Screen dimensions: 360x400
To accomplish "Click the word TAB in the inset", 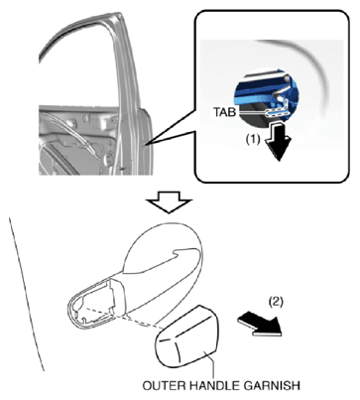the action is [x=224, y=112].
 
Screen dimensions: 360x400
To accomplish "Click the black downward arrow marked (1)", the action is [x=279, y=143].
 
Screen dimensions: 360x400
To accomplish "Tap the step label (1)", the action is [x=253, y=140].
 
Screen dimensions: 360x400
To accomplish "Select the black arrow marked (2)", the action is [x=260, y=325].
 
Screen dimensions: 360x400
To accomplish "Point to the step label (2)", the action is [x=276, y=302].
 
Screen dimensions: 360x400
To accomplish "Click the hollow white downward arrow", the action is [x=169, y=201].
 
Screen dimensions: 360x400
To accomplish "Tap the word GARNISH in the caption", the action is [x=273, y=386].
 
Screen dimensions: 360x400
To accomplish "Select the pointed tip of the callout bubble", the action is [x=146, y=144].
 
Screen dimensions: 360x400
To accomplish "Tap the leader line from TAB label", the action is [x=252, y=112].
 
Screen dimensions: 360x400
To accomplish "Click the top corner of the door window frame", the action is [x=118, y=14].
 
